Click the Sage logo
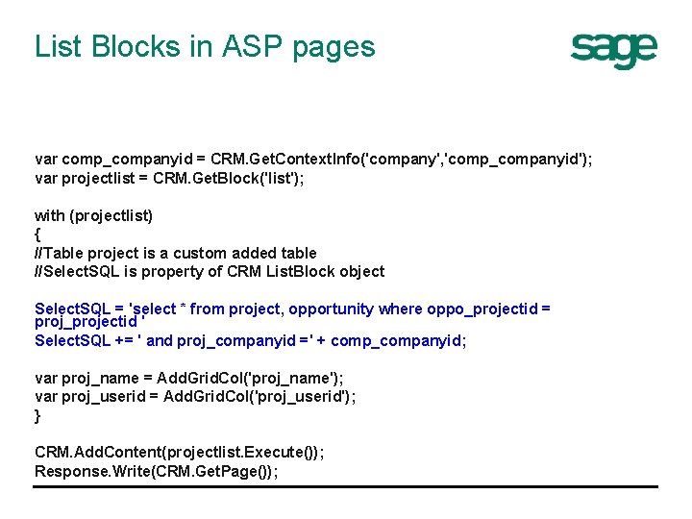[613, 49]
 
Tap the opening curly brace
[37, 235]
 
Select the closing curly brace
[37, 415]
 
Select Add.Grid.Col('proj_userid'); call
[259, 396]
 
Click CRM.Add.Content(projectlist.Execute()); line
[179, 453]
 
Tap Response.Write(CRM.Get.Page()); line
[156, 471]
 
